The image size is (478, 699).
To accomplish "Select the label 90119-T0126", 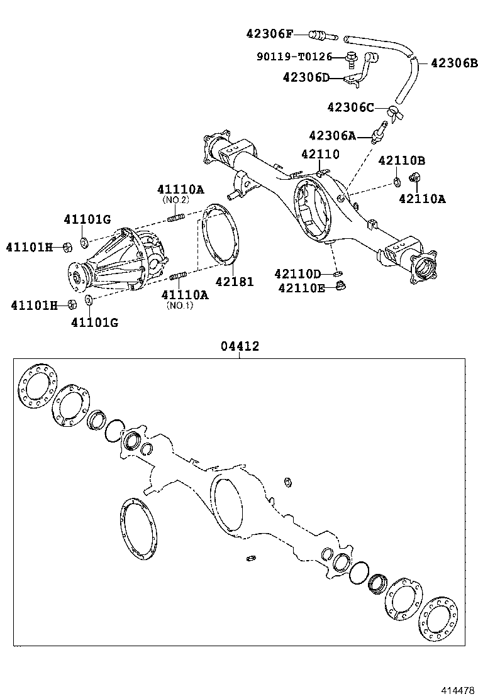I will click(294, 57).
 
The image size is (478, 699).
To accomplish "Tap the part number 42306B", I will click(454, 63).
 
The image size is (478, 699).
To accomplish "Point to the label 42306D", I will click(306, 77).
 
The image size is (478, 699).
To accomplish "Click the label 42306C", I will click(350, 107).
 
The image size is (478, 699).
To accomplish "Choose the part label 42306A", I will click(331, 136).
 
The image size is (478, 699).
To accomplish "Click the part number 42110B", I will click(401, 161).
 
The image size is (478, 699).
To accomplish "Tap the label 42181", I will click(235, 282).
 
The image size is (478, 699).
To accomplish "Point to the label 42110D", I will click(297, 273).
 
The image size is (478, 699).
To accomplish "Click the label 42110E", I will click(301, 288).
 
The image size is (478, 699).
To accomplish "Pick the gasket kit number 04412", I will click(240, 346).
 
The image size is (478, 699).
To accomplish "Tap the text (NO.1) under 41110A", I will click(180, 306).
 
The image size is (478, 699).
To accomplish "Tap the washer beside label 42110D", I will click(338, 273).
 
